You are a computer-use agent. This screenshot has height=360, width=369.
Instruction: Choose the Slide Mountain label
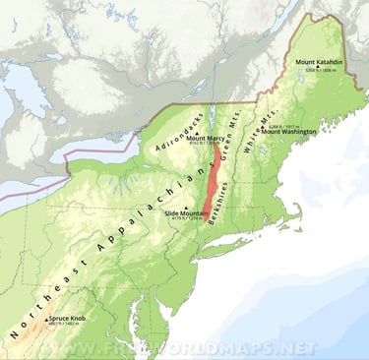click(185, 212)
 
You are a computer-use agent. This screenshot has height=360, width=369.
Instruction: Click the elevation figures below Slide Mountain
click(184, 220)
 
